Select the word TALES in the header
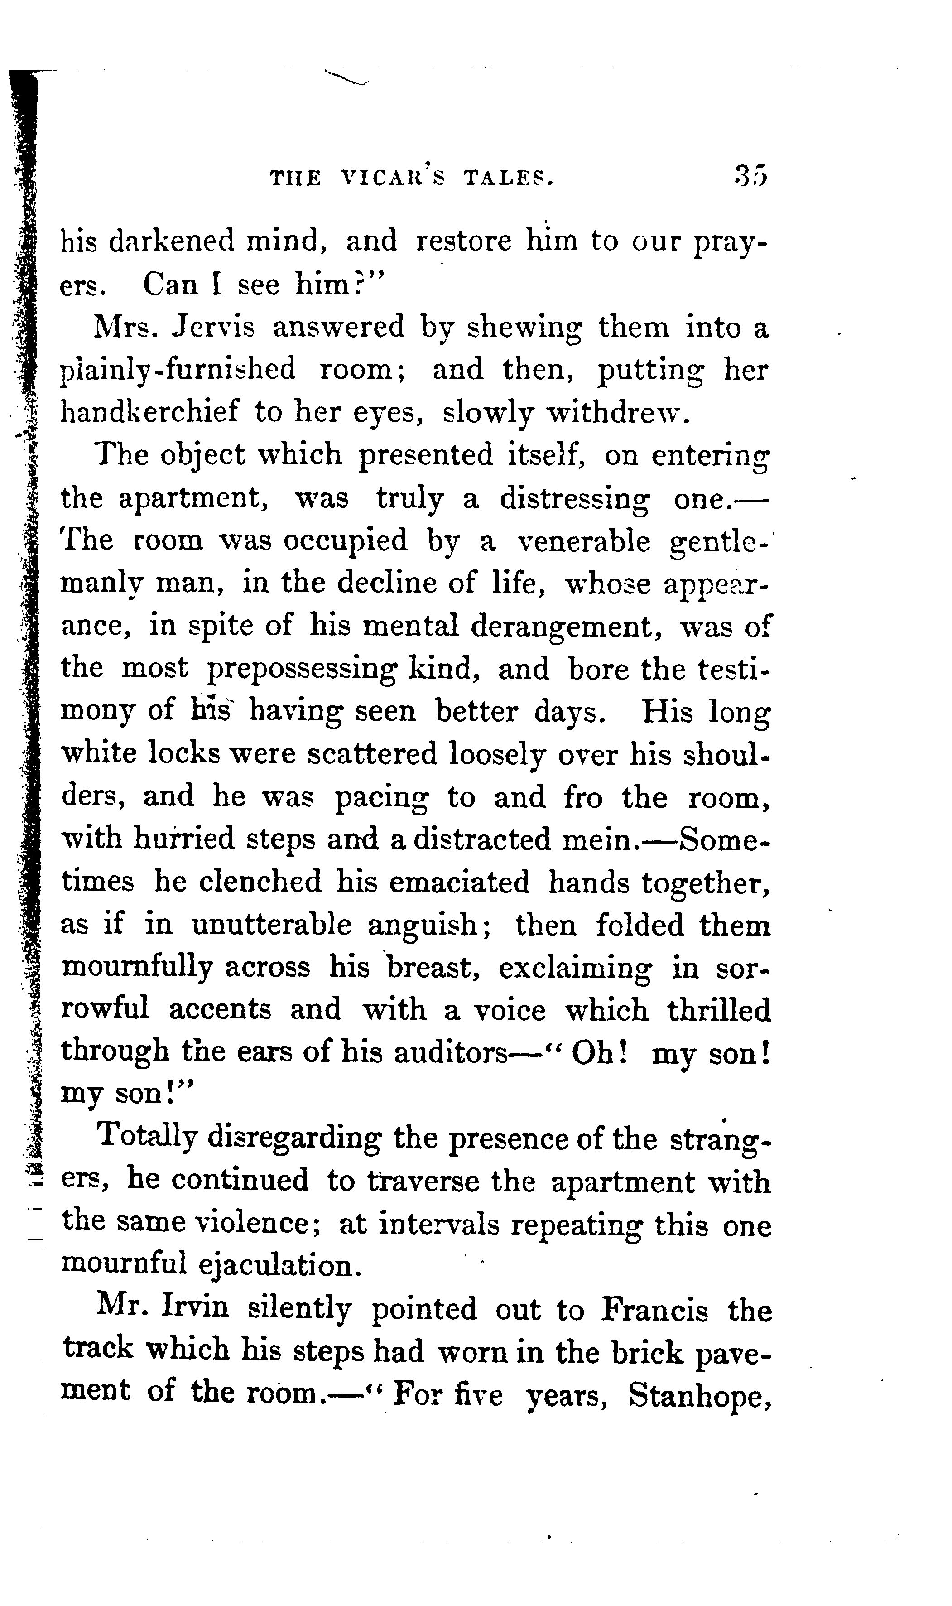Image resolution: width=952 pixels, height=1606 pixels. coord(507,177)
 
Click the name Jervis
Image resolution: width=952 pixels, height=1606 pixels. coord(214,328)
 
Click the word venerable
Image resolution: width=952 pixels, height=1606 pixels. coord(583,541)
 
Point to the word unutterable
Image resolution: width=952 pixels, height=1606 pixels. coord(271,925)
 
